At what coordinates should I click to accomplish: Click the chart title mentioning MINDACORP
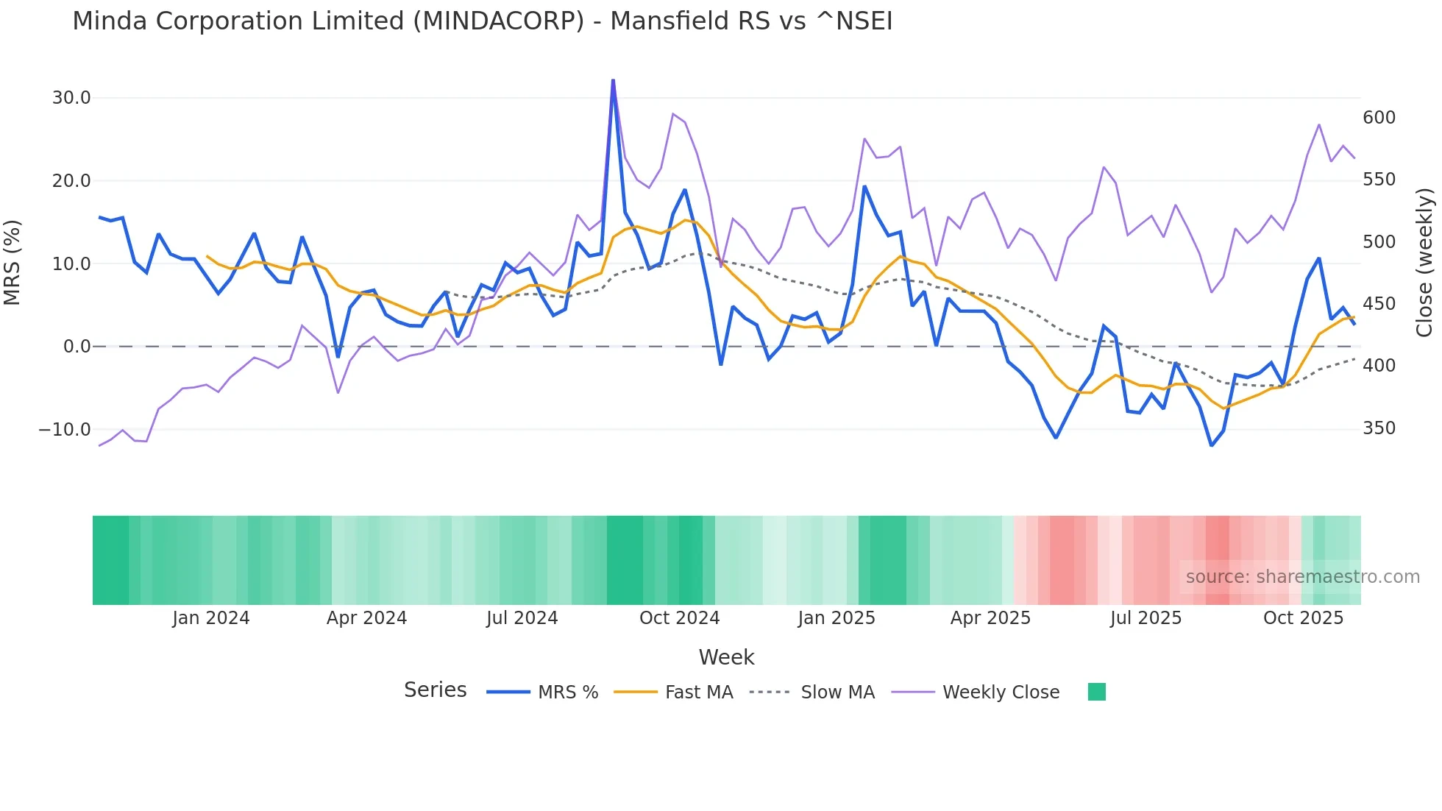click(482, 21)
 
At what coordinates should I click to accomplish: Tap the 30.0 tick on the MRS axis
click(71, 98)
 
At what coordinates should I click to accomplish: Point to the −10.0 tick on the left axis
click(65, 430)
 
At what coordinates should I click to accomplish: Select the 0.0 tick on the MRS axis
click(77, 347)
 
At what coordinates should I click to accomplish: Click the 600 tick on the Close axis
click(1379, 118)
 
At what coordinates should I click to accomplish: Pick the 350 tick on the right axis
click(1379, 428)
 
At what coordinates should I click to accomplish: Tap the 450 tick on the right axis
click(1379, 304)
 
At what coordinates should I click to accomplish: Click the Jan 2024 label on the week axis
click(211, 618)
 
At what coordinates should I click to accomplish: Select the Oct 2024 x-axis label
click(679, 618)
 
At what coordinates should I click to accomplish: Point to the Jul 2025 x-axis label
click(1146, 618)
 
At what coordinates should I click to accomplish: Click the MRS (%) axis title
click(13, 263)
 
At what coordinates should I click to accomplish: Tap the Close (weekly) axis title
click(1425, 263)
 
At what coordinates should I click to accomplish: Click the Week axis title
click(726, 657)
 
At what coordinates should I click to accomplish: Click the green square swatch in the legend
click(1096, 692)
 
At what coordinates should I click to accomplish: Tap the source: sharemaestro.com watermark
click(1302, 577)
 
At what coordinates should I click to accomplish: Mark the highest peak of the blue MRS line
click(613, 80)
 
